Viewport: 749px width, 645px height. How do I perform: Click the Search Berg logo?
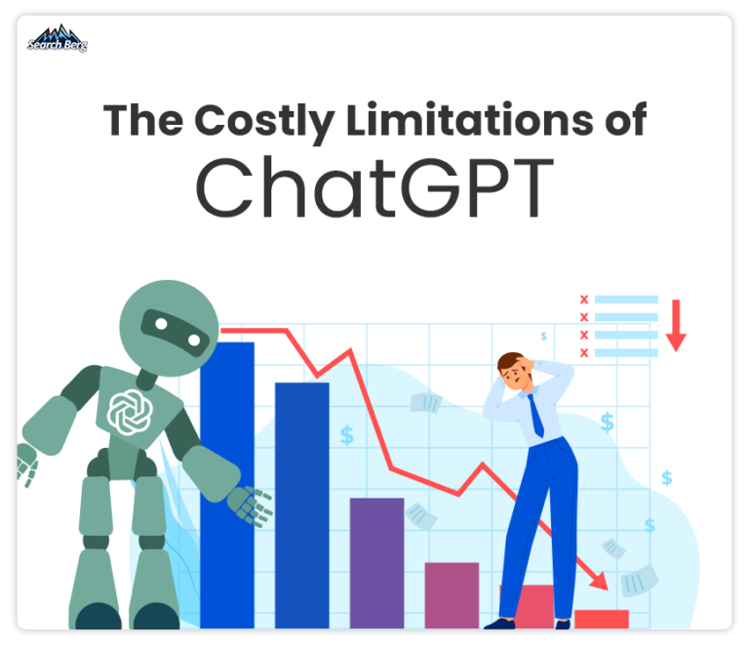(58, 38)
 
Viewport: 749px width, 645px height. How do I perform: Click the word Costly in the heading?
(264, 121)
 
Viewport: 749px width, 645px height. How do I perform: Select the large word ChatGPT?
(374, 187)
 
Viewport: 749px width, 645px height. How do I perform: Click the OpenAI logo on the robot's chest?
(130, 413)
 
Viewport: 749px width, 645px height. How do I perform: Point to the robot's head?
(169, 328)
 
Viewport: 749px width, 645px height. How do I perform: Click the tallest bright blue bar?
(227, 485)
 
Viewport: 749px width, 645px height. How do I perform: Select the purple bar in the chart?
(376, 563)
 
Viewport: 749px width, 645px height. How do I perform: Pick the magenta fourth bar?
(452, 595)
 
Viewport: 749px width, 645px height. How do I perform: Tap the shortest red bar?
(602, 620)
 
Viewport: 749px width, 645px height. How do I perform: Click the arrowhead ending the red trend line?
(600, 581)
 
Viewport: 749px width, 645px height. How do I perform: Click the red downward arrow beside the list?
(676, 326)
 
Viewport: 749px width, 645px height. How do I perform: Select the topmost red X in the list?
(584, 300)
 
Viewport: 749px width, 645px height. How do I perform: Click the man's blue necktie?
(536, 415)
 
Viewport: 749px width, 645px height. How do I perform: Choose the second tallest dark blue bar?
(302, 505)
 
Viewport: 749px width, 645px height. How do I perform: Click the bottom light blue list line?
(626, 352)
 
